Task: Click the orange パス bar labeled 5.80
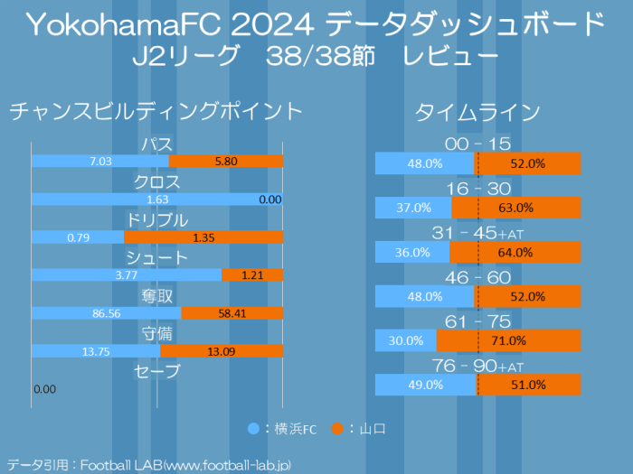(226, 162)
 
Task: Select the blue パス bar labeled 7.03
(100, 162)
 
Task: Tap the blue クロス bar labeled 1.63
(157, 200)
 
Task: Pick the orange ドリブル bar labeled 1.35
(203, 237)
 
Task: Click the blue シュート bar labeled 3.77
(127, 275)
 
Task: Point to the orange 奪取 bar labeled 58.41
(232, 313)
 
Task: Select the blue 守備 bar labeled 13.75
(96, 351)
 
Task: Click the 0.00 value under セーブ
(44, 389)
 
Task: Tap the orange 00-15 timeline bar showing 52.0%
(529, 163)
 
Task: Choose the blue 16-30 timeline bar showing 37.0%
(413, 208)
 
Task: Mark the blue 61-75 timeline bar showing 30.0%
(406, 340)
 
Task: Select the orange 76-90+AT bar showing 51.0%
(529, 385)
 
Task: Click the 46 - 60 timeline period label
(477, 277)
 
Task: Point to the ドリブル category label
(157, 220)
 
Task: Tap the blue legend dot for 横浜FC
(253, 428)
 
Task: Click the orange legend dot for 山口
(336, 428)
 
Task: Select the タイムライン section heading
(477, 112)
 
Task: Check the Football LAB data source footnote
(149, 464)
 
